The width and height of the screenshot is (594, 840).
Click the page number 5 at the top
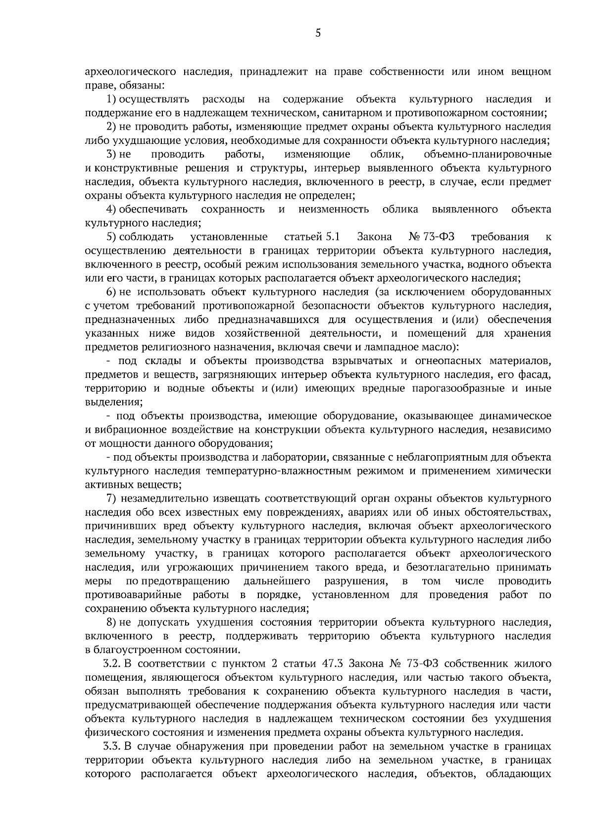[x=318, y=33]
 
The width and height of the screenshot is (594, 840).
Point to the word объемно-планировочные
[x=488, y=154]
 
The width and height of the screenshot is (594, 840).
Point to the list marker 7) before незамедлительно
[x=111, y=498]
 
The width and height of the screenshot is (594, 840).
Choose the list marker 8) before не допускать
[x=111, y=622]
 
